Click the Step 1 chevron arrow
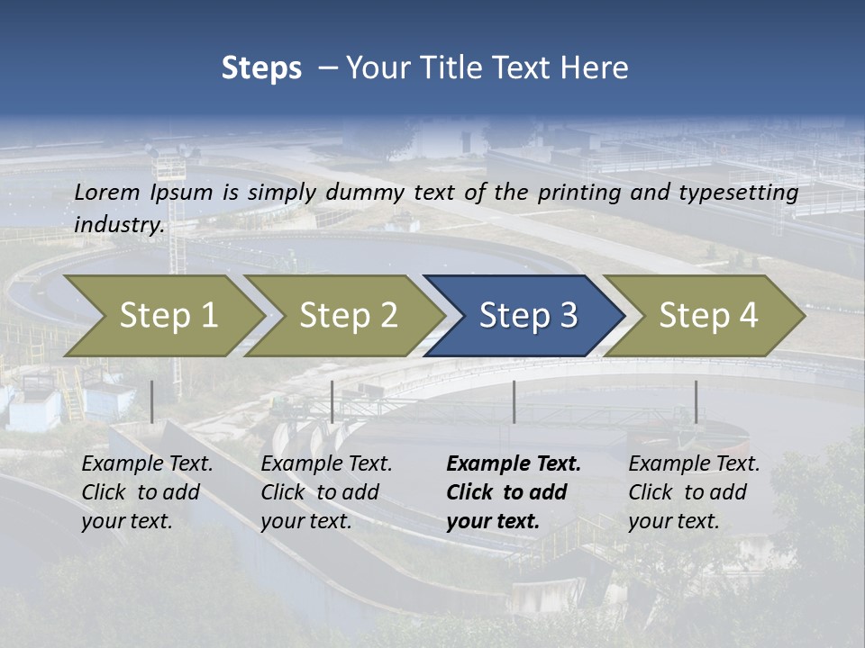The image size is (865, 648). point(167,316)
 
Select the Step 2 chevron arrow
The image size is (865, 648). point(347,316)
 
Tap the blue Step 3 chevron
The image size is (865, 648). point(527,316)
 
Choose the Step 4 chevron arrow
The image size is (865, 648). point(707,316)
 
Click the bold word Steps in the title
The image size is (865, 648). point(261,68)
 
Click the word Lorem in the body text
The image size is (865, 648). point(107,192)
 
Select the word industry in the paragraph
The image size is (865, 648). point(118,225)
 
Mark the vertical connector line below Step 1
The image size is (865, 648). point(152,401)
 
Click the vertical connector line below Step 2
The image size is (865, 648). point(332,401)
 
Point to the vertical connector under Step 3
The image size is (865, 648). point(514,401)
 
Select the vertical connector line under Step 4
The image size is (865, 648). point(696,401)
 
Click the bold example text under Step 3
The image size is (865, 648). point(514,492)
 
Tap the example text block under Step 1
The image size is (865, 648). point(147,492)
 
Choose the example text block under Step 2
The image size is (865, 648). point(326,492)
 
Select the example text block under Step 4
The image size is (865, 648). point(694,492)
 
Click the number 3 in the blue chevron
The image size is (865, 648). point(568,316)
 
